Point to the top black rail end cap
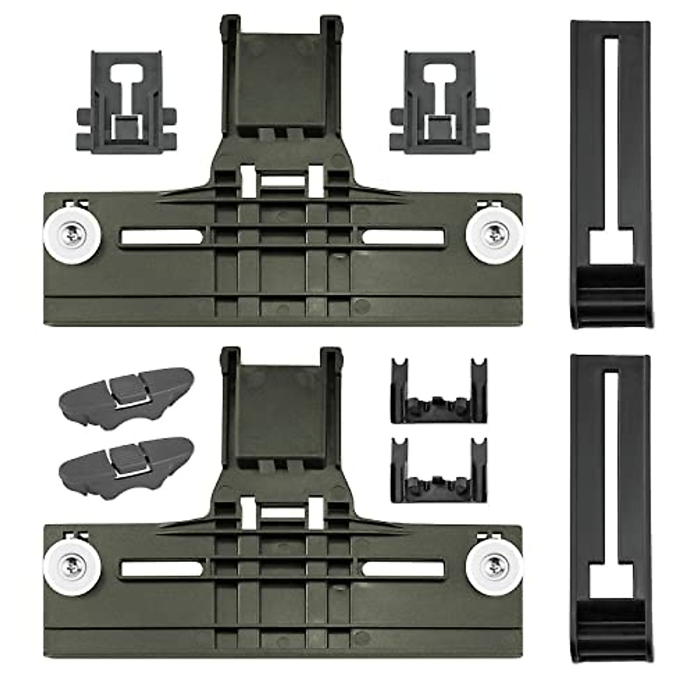coord(610,174)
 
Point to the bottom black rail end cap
coord(610,510)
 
